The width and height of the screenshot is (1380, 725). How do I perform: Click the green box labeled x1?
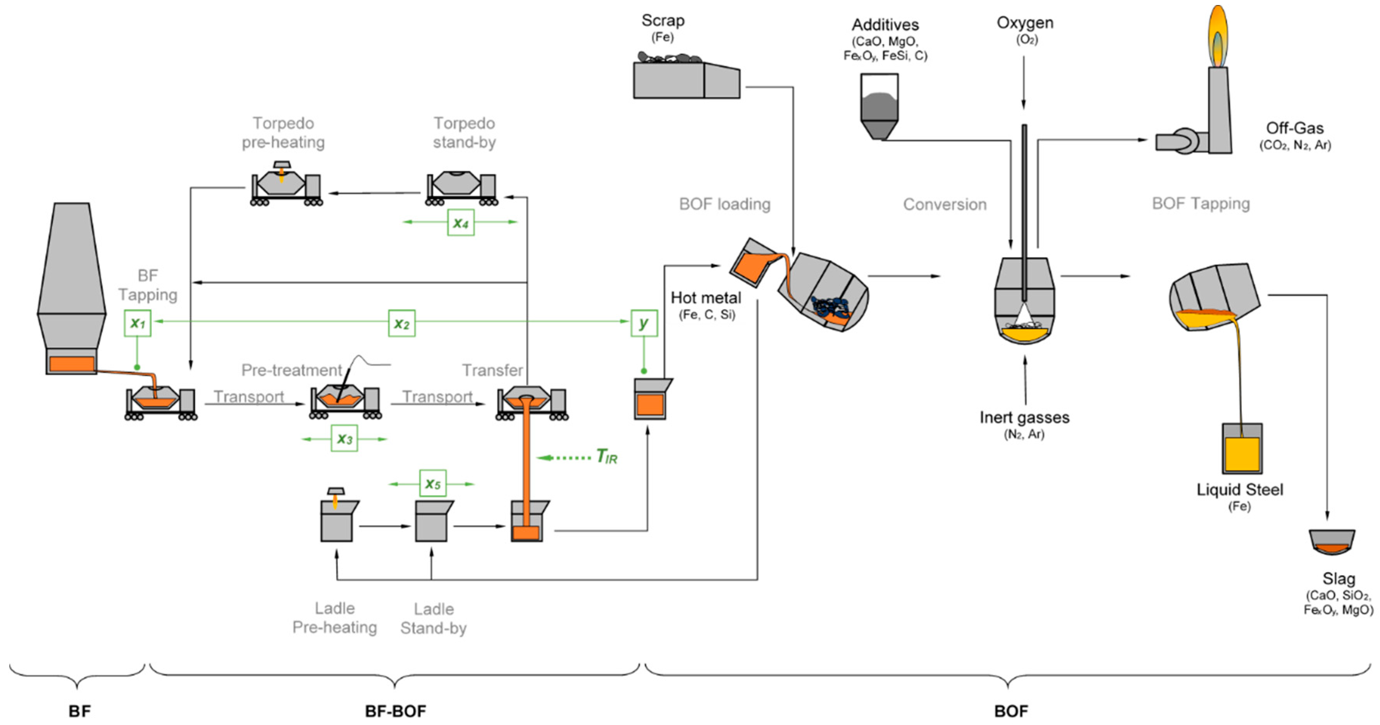tap(138, 323)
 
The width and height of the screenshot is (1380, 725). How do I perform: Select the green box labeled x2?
tap(402, 323)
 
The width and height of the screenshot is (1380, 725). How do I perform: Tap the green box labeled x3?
tap(344, 438)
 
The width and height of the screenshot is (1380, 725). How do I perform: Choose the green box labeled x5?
tap(432, 483)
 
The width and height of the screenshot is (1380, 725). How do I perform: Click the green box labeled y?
tap(644, 323)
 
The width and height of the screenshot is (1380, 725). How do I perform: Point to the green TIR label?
tap(607, 457)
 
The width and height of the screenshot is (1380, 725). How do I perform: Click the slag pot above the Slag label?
tap(1332, 542)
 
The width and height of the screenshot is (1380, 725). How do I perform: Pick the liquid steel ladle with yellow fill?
tap(1242, 449)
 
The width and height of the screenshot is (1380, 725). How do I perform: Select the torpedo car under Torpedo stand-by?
tap(461, 187)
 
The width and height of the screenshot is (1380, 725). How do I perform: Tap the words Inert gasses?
tap(1024, 417)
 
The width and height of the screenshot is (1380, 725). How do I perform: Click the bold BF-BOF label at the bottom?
tap(395, 711)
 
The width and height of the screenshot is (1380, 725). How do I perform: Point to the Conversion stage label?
tap(945, 204)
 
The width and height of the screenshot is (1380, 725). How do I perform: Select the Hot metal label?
tap(705, 298)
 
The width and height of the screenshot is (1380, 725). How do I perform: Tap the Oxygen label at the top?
tap(1024, 22)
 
